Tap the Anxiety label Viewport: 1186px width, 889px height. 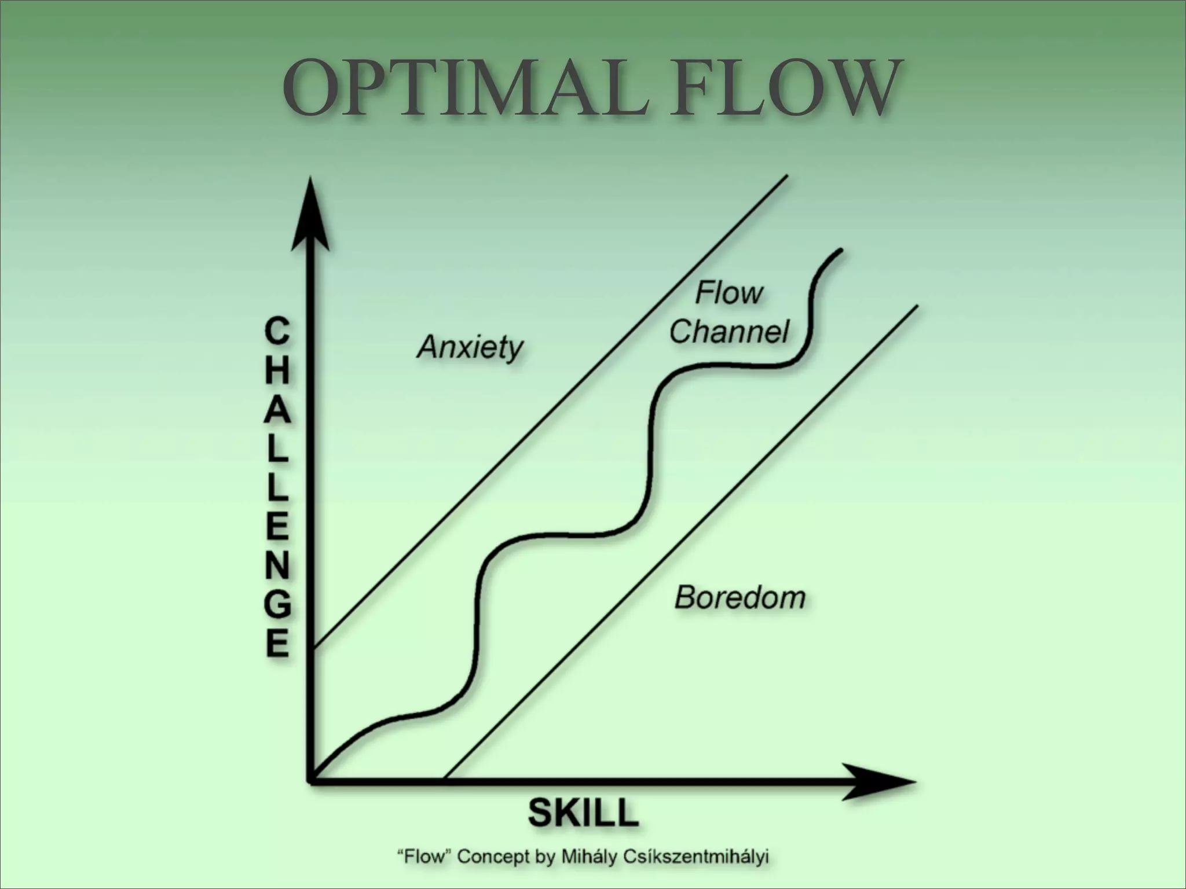470,347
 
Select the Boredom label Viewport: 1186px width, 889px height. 740,597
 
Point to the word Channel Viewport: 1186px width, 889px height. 729,332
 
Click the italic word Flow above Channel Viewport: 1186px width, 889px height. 729,293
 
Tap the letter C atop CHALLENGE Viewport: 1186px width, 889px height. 276,332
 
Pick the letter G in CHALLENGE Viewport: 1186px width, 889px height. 277,606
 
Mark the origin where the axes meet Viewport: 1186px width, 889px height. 312,781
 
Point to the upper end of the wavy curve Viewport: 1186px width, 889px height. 840,251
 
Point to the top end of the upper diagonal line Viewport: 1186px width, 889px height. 788,176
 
